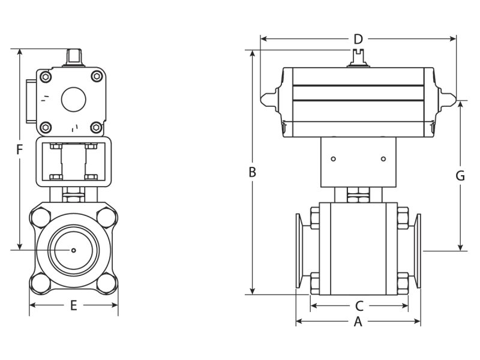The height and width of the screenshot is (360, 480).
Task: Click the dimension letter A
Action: click(358, 322)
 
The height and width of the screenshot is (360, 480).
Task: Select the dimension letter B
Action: click(253, 172)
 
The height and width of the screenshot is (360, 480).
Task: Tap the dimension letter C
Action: click(359, 305)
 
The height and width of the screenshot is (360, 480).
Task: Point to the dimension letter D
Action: click(358, 40)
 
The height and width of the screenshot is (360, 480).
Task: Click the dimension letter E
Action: click(74, 305)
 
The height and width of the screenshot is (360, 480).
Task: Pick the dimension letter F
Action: click(19, 149)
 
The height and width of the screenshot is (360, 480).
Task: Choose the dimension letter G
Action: click(460, 176)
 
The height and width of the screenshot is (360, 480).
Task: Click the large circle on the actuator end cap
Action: click(74, 98)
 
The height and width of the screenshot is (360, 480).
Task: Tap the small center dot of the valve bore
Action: click(74, 250)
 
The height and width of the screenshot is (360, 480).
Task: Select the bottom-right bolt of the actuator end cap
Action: click(95, 127)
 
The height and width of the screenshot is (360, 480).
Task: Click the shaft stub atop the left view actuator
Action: click(74, 58)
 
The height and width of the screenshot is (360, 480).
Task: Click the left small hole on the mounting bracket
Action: click(334, 159)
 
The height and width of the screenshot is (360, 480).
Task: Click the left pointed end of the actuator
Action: click(265, 99)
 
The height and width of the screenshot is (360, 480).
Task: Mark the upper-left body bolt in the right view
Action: click(314, 215)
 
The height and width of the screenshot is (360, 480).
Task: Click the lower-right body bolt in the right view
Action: click(402, 281)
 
